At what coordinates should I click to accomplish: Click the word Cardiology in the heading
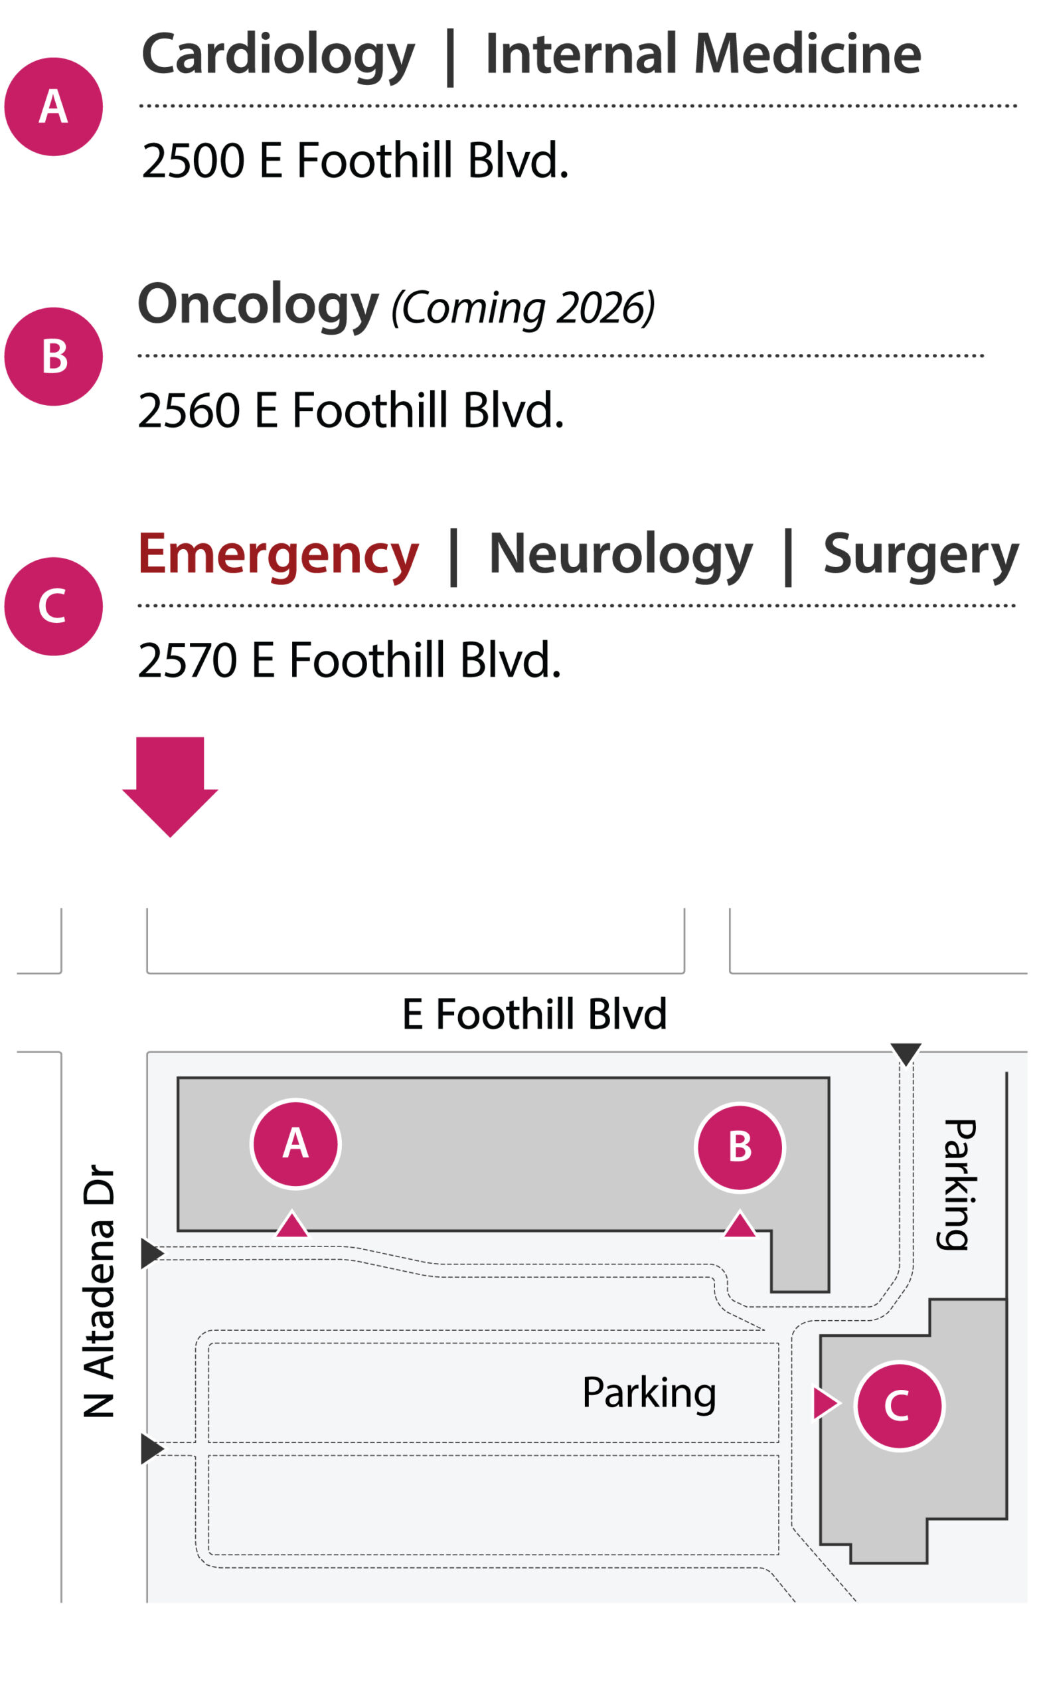click(278, 55)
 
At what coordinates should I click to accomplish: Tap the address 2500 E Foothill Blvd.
click(355, 161)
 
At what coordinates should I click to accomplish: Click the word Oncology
click(258, 305)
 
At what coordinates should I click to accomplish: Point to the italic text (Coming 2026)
click(522, 307)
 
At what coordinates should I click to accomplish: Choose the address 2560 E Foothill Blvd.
click(351, 410)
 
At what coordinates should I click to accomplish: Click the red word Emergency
click(278, 554)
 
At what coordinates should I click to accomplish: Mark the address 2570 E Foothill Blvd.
click(349, 660)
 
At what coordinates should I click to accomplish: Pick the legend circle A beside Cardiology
click(54, 107)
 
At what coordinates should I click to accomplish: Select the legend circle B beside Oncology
click(54, 357)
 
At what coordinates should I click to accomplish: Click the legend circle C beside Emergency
click(54, 606)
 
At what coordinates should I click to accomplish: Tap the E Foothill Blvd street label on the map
click(534, 1014)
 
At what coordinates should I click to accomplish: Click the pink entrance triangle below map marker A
click(292, 1225)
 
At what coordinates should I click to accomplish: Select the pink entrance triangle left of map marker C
click(825, 1403)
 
